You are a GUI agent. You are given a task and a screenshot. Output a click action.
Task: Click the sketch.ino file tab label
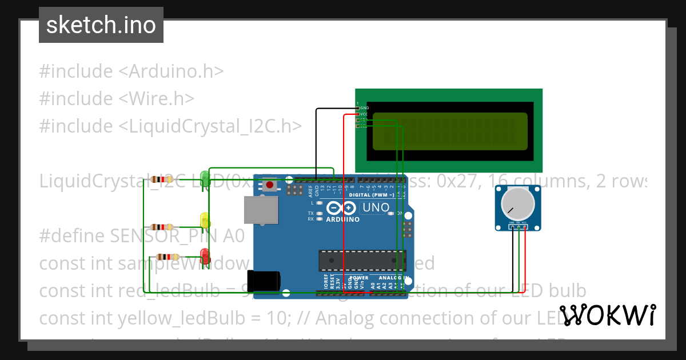click(x=101, y=25)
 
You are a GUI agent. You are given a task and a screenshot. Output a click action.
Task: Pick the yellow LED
click(x=204, y=221)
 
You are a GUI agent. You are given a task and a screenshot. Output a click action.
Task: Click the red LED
click(x=205, y=255)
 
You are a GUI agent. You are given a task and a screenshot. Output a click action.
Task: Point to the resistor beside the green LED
click(x=161, y=179)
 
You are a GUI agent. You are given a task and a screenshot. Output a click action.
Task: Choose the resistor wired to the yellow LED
click(x=161, y=227)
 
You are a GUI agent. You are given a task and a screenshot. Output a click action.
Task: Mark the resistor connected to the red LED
click(x=167, y=257)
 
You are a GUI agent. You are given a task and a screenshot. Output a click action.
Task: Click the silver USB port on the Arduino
click(x=261, y=210)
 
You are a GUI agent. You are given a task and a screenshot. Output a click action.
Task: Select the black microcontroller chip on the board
click(x=362, y=261)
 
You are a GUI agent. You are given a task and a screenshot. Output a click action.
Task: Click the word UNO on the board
click(x=376, y=207)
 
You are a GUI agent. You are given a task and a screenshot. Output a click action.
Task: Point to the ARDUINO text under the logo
click(x=342, y=219)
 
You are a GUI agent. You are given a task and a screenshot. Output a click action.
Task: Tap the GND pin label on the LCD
click(x=364, y=107)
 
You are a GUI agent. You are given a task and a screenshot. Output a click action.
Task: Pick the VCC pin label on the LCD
click(x=364, y=114)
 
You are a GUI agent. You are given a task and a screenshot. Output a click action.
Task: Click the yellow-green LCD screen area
click(x=449, y=131)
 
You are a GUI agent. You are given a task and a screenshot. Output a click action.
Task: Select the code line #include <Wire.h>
click(x=117, y=98)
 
